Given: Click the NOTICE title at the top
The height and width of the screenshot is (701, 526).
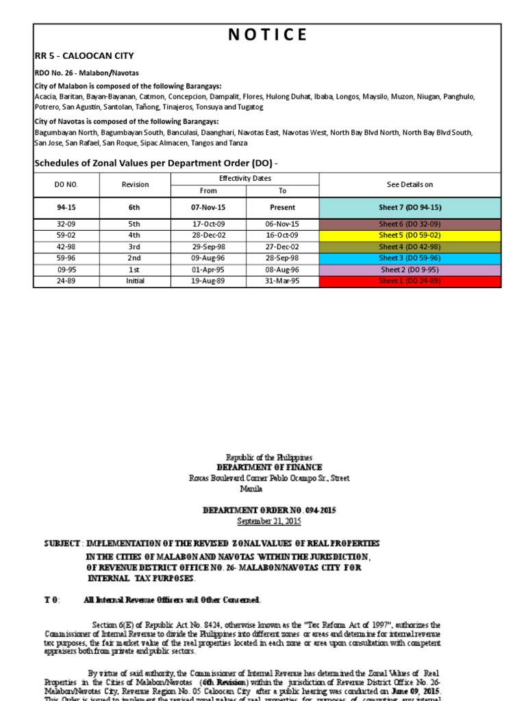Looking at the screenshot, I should (267, 35).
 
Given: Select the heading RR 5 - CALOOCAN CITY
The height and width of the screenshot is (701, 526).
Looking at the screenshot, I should (84, 56).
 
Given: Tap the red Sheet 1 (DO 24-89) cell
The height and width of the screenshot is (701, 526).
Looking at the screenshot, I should (410, 281).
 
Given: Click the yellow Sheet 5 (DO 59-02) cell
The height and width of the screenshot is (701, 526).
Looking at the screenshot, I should (410, 235).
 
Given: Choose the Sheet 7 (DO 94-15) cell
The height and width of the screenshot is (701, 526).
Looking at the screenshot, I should (410, 207).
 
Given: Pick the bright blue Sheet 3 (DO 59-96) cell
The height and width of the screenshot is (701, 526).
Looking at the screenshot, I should (410, 258).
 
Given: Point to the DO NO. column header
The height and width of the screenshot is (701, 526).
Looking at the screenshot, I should (66, 185).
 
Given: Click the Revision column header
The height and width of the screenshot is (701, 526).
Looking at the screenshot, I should (135, 185).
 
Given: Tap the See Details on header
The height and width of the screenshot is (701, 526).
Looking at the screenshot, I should (410, 185).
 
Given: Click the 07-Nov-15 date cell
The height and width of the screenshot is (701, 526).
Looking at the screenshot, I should (208, 207).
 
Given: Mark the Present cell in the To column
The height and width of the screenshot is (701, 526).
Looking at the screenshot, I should (282, 207).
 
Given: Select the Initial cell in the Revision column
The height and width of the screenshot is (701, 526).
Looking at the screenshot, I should (135, 281).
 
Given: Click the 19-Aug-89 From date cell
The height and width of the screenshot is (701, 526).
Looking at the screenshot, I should (208, 281).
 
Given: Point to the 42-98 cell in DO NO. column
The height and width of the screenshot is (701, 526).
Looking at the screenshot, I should (66, 246).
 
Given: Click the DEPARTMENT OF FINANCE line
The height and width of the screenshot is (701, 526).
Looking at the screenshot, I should (269, 468).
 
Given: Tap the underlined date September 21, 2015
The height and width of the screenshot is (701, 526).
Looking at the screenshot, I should (269, 521).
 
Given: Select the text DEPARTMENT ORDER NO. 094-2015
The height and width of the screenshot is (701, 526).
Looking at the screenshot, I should (269, 511).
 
